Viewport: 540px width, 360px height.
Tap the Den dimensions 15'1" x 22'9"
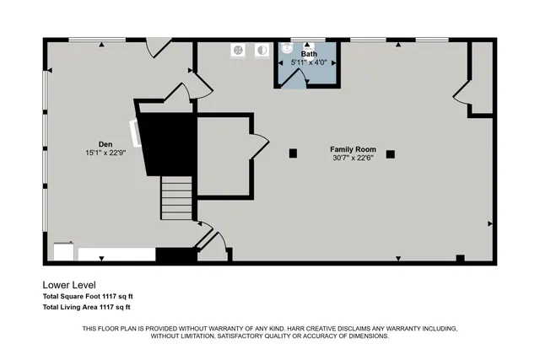105,153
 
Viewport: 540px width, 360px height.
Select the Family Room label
353,148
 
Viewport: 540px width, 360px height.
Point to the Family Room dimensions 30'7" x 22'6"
353,158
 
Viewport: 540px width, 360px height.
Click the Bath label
310,53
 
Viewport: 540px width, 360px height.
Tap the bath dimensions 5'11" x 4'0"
310,62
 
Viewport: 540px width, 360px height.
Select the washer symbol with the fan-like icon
239,50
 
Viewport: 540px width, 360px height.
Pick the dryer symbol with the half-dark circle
262,50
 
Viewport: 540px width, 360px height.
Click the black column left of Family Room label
293,153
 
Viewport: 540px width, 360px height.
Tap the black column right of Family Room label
391,153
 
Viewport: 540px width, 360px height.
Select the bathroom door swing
294,78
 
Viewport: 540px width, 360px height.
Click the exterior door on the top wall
158,47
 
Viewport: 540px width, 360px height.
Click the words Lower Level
75,285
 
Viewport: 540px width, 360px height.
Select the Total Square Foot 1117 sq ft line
88,297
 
